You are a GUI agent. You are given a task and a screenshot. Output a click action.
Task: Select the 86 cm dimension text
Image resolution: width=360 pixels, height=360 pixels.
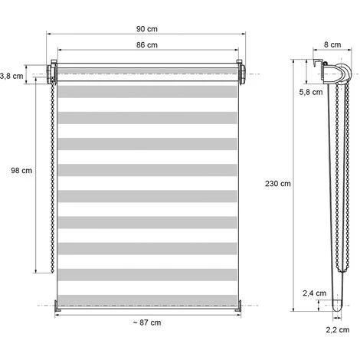(148, 46)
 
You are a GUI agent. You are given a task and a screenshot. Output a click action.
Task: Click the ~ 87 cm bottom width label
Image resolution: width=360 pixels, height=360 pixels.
(146, 322)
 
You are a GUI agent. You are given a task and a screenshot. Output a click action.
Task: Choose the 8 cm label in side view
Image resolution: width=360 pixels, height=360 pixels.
(332, 45)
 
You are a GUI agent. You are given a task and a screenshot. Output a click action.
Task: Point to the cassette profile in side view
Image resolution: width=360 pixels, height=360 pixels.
(331, 74)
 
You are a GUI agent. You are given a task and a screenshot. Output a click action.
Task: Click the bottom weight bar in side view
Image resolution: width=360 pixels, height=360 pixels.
(337, 306)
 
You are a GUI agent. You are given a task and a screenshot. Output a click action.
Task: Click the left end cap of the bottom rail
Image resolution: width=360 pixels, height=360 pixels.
(57, 304)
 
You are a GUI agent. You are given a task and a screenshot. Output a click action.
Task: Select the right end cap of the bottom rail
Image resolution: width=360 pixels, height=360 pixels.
(238, 304)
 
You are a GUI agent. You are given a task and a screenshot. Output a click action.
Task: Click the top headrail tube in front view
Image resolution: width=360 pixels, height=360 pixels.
(148, 73)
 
